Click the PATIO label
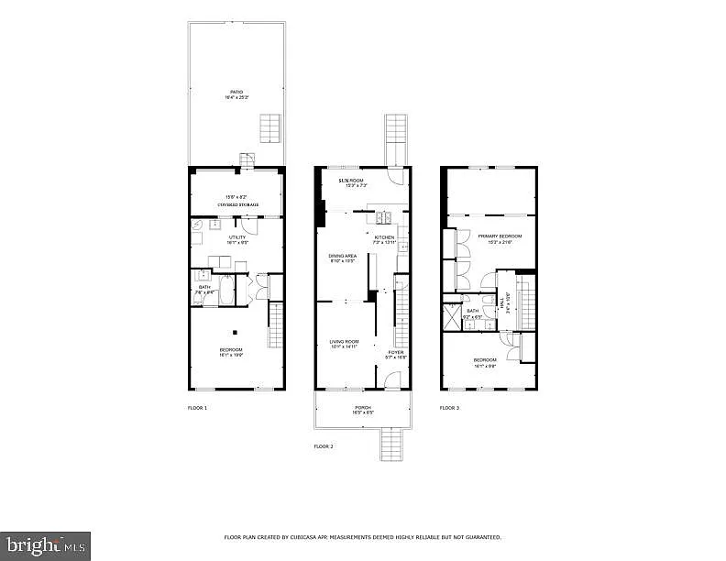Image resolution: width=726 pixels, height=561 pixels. point(236,92)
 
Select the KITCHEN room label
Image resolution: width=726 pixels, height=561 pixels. point(384,237)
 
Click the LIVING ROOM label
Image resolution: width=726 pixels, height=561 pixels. point(344,342)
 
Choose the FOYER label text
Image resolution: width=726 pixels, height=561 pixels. point(395,352)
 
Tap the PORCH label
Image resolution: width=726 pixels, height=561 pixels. point(363,408)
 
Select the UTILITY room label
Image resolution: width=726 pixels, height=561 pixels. point(236,237)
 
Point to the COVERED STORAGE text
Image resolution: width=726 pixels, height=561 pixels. point(237,204)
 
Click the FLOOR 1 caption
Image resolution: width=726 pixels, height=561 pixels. point(197,407)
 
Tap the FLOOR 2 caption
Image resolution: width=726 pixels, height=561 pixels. point(324,445)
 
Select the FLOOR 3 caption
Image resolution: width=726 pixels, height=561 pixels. point(450,407)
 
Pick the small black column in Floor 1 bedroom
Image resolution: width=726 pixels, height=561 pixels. point(236,332)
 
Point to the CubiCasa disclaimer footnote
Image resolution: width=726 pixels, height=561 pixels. point(363,537)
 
